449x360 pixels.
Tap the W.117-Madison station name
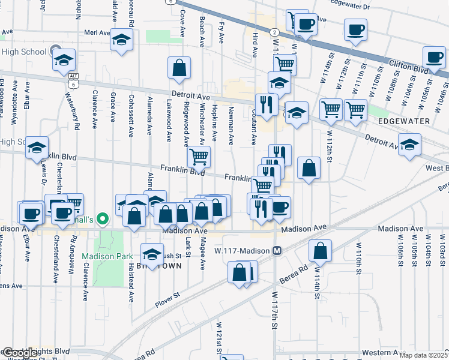243,251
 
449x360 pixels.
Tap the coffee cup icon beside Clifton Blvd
433,58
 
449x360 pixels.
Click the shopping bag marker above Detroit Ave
179,68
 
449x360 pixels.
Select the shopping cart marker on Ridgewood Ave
198,157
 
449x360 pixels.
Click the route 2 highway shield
274,31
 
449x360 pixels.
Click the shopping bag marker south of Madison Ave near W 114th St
321,251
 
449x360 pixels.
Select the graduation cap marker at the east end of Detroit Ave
410,145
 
